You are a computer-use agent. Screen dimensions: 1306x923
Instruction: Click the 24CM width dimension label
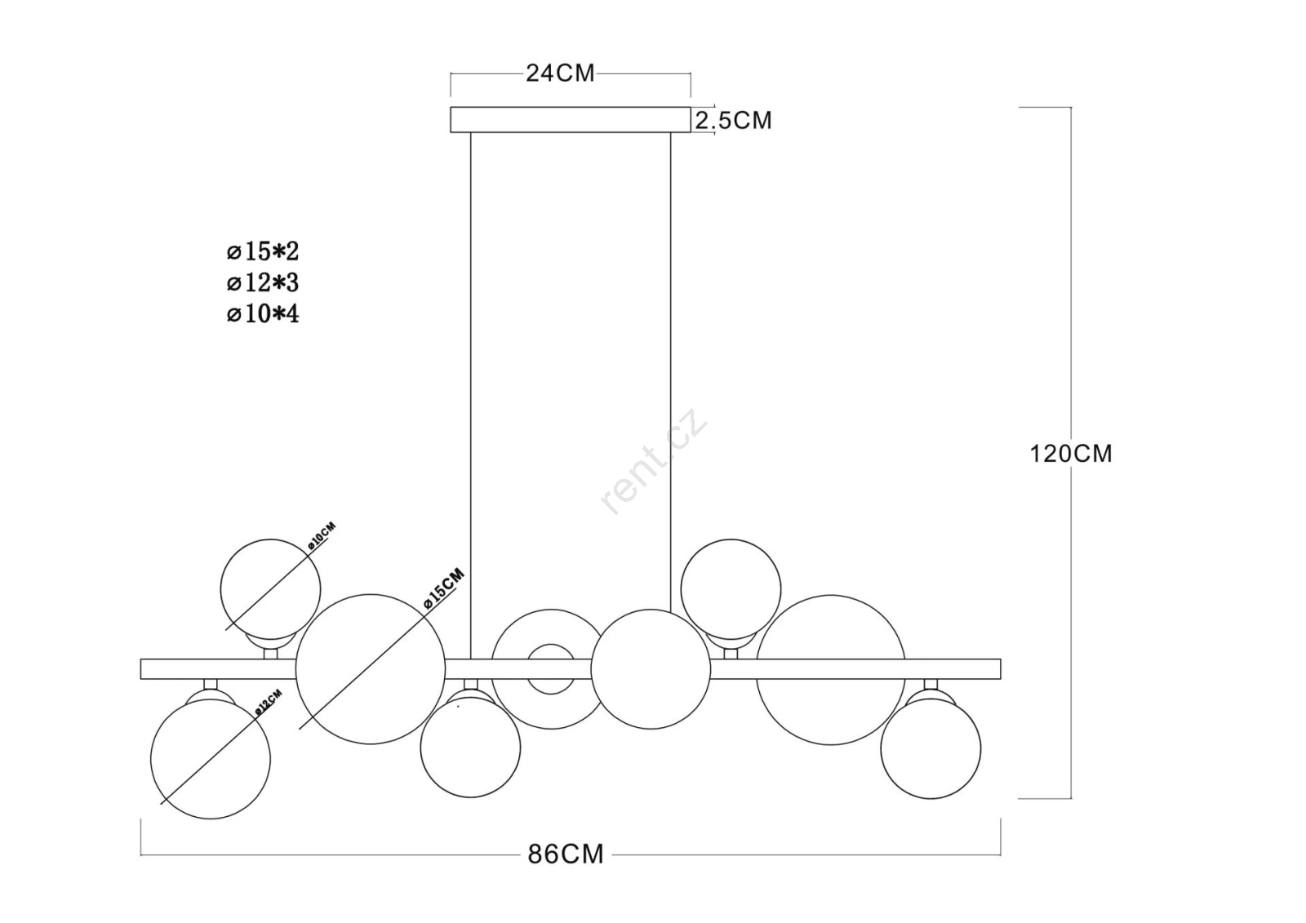560,73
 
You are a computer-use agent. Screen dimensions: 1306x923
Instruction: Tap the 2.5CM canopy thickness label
734,120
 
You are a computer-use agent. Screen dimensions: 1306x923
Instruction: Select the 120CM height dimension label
1071,454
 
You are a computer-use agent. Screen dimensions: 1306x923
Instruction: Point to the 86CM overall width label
566,854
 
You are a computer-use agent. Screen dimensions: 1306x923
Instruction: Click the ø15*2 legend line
263,251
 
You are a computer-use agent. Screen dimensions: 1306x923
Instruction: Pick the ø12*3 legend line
263,283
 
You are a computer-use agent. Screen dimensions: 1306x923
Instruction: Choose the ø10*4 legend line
263,314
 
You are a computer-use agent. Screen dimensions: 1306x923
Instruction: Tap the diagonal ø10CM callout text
322,536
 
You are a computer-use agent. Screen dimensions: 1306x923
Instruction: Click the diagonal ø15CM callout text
444,588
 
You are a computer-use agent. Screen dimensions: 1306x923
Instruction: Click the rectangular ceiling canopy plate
571,119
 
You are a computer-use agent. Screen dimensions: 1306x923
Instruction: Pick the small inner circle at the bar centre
551,644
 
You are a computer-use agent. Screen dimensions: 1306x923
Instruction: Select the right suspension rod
670,373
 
